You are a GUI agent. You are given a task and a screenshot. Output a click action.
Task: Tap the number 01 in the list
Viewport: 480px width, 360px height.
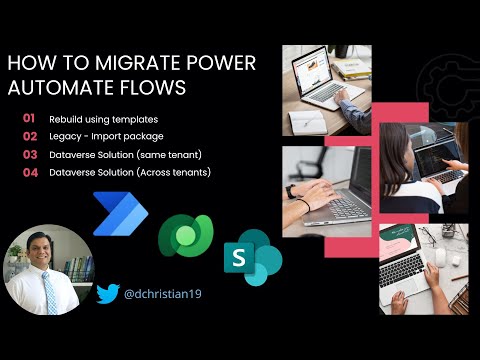[x=29, y=118]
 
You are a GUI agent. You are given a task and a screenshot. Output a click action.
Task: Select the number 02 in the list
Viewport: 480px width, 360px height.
[x=29, y=136]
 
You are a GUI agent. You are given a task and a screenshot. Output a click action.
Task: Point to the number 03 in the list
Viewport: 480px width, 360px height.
[x=29, y=154]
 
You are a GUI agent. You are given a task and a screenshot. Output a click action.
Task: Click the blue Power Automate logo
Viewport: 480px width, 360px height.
[x=120, y=213]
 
